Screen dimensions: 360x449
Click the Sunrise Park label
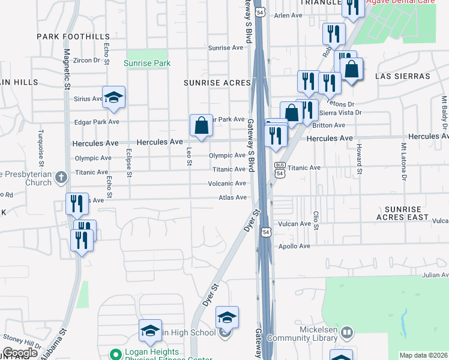click(x=147, y=63)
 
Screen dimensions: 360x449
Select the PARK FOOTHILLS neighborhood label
click(x=73, y=37)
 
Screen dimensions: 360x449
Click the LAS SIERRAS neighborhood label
click(x=403, y=76)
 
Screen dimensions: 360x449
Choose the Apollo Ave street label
click(x=294, y=246)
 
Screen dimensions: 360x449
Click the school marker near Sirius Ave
click(x=113, y=98)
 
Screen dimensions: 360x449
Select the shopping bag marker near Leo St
click(x=202, y=126)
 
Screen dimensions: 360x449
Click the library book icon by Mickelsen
click(x=346, y=332)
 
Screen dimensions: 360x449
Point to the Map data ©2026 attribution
click(x=423, y=355)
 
